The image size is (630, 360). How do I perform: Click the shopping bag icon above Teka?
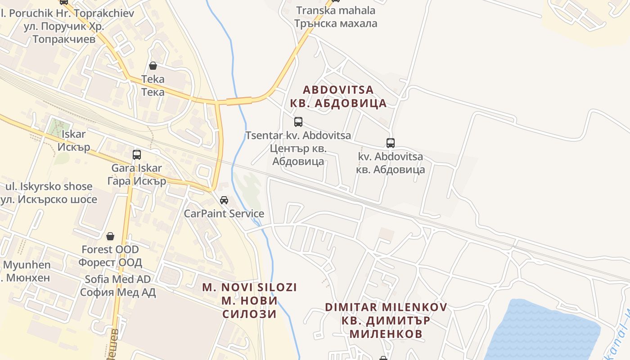coord(153,66)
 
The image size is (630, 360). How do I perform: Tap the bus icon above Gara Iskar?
coord(137,155)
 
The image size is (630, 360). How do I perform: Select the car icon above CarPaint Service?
coord(224,200)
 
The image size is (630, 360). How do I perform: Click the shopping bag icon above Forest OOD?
coord(110,236)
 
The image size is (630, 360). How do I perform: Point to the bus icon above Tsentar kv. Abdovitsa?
coord(298,121)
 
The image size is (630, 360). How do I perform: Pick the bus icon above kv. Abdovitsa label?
coord(391,143)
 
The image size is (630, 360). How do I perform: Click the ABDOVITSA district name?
coord(338,96)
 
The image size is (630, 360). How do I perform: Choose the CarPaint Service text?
coord(224,213)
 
